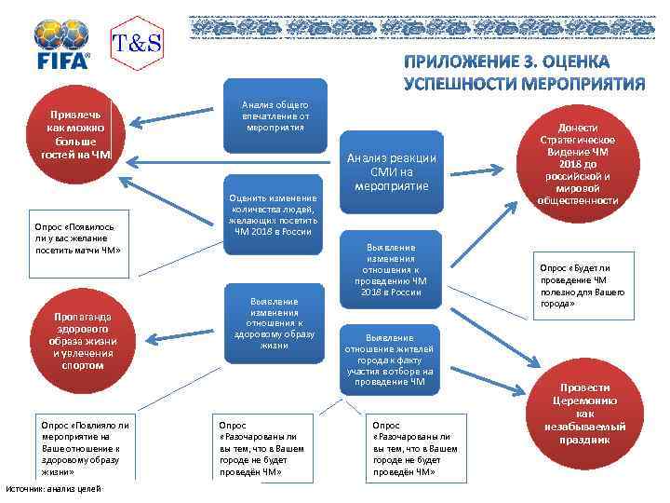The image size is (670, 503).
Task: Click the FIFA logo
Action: coord(61,44)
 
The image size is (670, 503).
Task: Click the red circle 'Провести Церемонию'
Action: coord(584,413)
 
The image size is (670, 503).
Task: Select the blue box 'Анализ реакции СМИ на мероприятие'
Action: coord(392,172)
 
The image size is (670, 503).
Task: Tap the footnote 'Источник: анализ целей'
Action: coord(53,490)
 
